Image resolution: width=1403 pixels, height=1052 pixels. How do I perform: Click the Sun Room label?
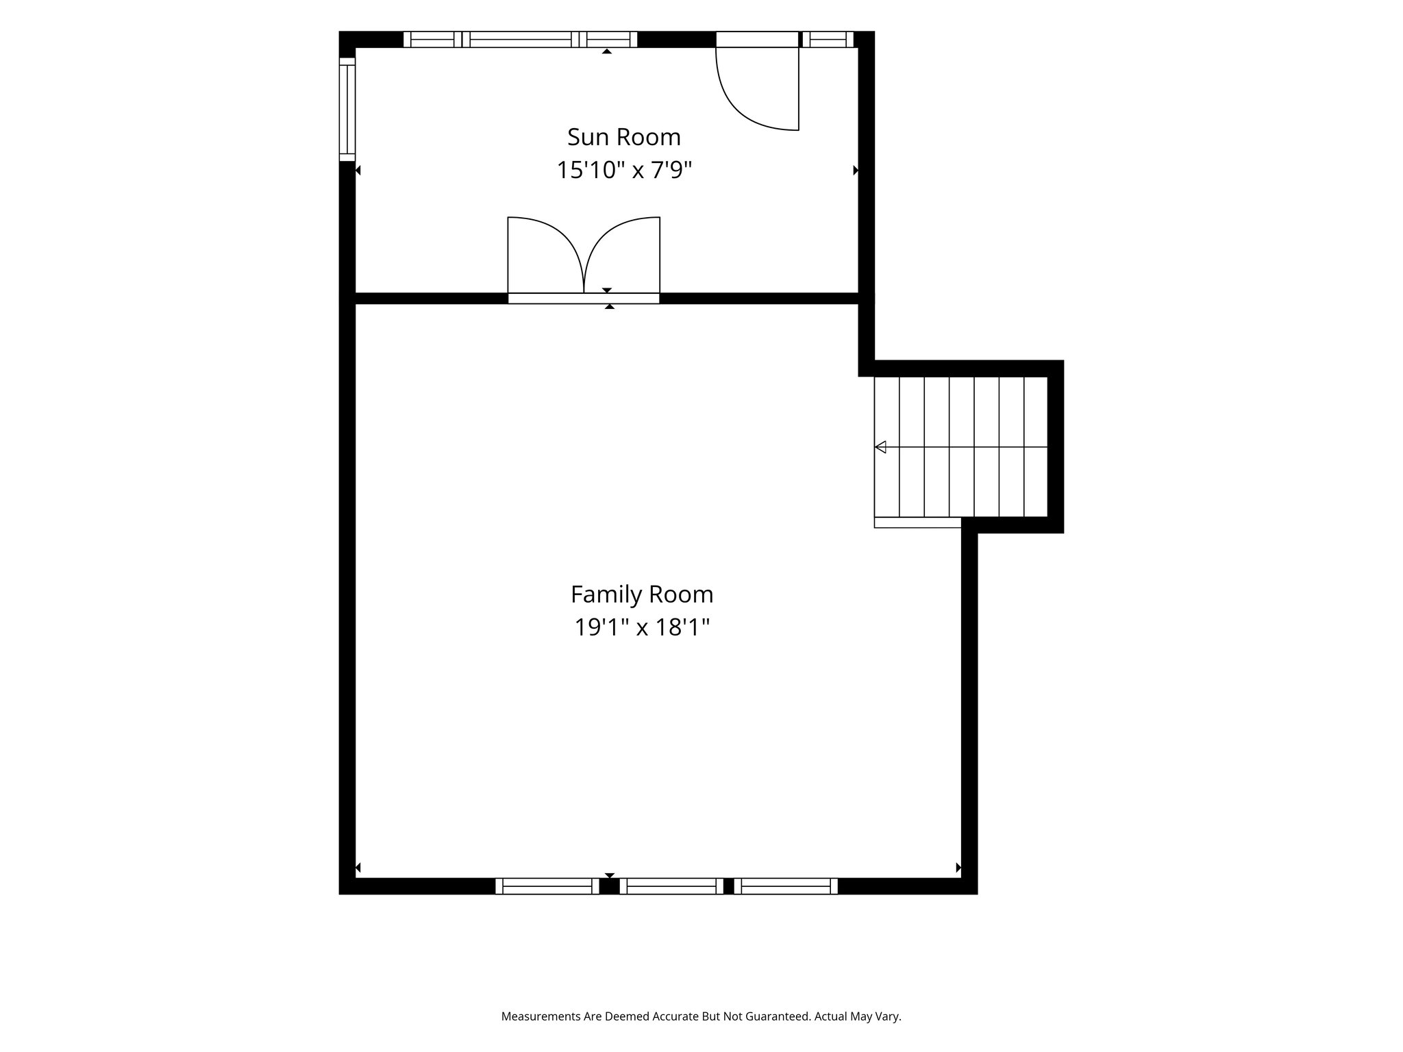click(624, 137)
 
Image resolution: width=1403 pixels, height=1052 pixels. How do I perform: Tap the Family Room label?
click(642, 594)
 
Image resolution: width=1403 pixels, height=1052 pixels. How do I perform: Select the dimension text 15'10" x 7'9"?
click(624, 170)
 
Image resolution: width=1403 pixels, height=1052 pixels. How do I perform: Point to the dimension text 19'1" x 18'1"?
click(642, 627)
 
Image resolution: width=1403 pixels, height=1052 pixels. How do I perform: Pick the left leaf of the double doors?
click(545, 255)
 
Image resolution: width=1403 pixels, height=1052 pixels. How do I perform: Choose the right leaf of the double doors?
click(622, 255)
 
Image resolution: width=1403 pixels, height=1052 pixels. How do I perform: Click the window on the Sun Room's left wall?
click(347, 109)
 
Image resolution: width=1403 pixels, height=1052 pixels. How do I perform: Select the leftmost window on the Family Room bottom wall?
click(547, 886)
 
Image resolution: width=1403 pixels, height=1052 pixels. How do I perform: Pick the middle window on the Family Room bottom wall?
click(672, 886)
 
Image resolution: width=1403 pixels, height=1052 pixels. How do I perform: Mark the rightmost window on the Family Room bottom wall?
click(786, 886)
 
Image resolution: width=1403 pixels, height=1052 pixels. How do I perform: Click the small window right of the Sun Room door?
click(828, 39)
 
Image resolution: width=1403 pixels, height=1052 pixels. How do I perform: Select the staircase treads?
click(961, 447)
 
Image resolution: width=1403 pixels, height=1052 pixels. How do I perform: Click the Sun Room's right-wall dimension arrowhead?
click(856, 170)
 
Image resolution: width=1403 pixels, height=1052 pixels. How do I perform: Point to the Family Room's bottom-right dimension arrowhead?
click(958, 868)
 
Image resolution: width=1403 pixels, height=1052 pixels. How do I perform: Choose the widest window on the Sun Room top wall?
click(521, 39)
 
